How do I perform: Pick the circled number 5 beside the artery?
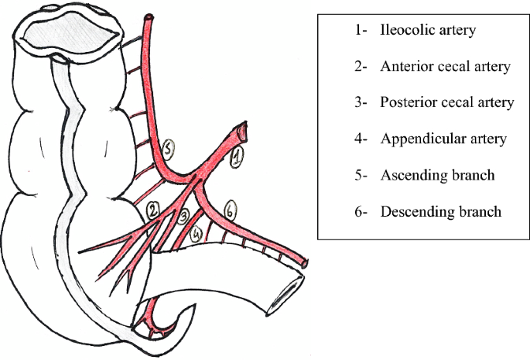coord(172,147)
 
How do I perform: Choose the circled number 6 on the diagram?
coord(229,208)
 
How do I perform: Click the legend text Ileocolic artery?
coord(427,31)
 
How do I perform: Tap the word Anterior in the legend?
coord(404,67)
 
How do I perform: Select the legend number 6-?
coord(360,211)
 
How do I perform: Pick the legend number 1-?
coord(358,31)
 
